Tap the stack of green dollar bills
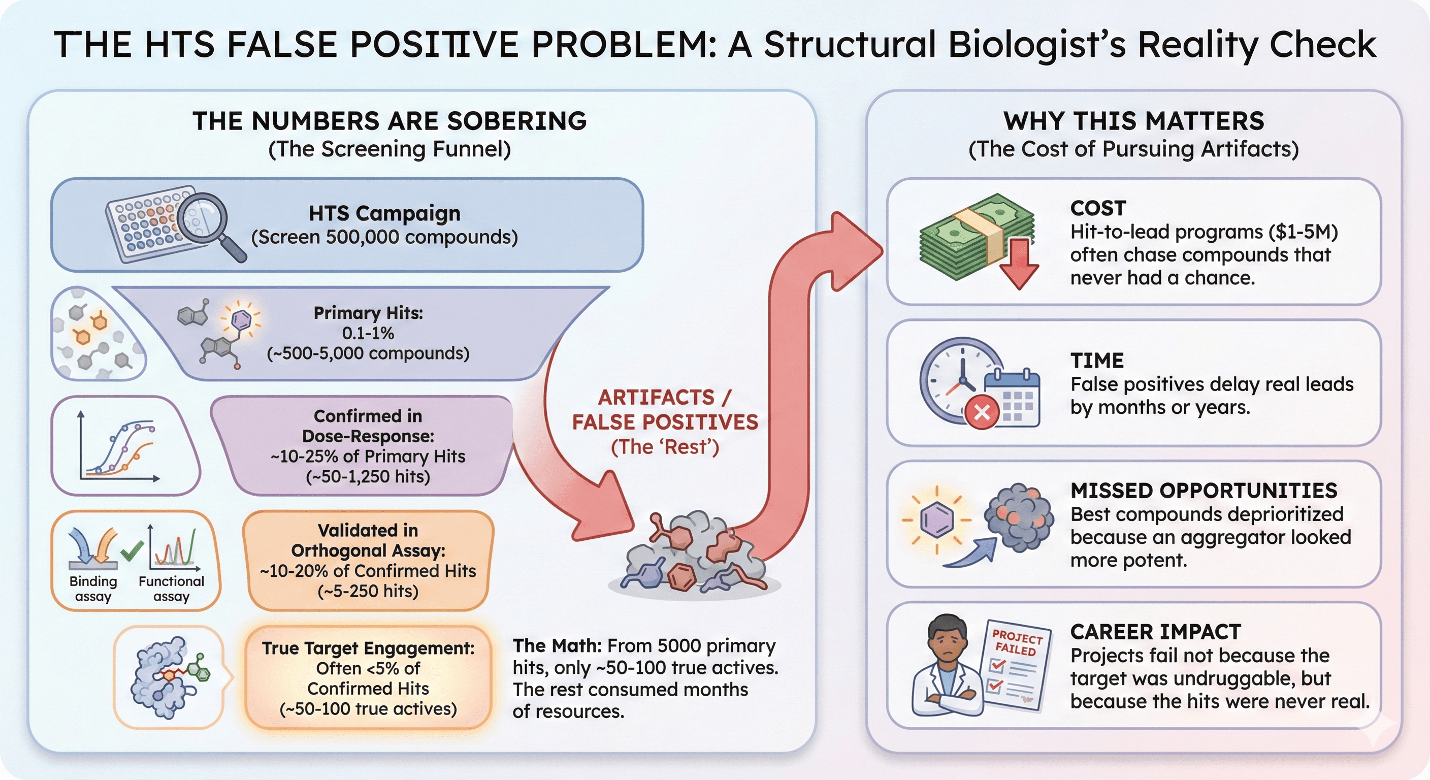coord(976,236)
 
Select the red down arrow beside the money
coord(1019,264)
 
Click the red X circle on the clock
coord(982,412)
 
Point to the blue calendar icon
coord(1012,398)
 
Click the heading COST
coord(1098,208)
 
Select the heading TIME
coord(1097,361)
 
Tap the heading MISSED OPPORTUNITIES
coord(1204,491)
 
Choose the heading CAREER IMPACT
coord(1156,632)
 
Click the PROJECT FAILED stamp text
coord(1017,642)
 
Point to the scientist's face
coord(948,643)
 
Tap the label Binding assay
coord(93,589)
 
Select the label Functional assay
coord(172,589)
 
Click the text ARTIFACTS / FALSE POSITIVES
coord(665,410)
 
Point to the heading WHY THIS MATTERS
coord(1133,121)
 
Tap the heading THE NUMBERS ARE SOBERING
coord(389,121)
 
